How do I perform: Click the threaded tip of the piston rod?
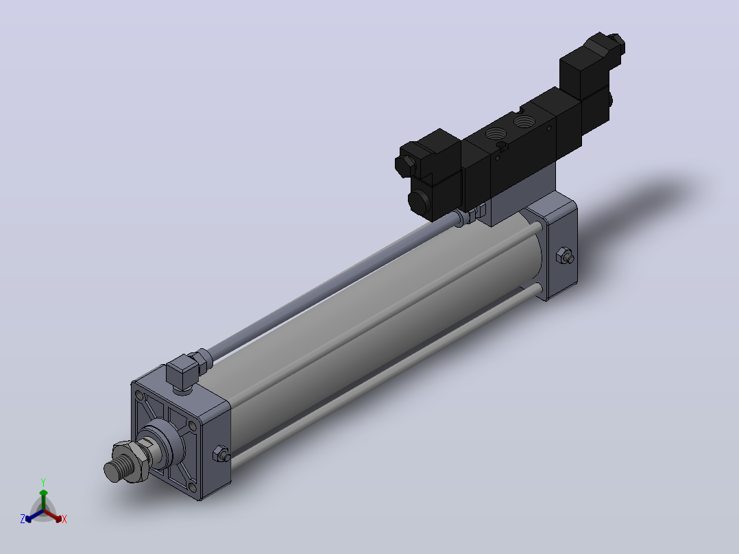pos(114,470)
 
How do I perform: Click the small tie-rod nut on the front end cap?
pos(221,454)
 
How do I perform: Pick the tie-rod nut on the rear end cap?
pos(565,256)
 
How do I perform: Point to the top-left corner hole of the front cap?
pos(138,395)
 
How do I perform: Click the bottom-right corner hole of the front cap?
pos(192,487)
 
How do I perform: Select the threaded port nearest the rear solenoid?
pos(522,121)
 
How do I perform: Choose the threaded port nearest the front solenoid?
pos(496,134)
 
